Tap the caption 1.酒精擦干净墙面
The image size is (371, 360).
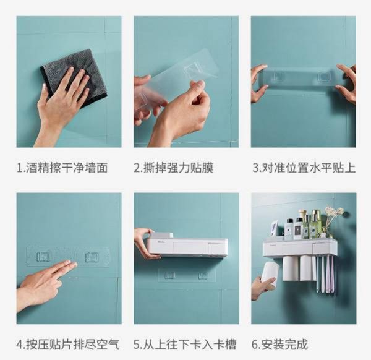coord(62,168)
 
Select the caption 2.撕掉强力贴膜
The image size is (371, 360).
coord(174,168)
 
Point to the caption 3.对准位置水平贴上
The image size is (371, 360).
coord(304,168)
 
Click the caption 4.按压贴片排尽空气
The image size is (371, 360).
coord(68,345)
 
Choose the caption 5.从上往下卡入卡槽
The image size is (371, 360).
coord(185,345)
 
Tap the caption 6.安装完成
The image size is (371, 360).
coord(279,345)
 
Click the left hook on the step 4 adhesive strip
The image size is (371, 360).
coord(44,257)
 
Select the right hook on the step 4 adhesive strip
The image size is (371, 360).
coord(92,257)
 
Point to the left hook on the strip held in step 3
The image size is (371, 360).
coord(279,76)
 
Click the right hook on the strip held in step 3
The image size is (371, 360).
coord(322,77)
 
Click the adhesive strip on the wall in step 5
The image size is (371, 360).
coord(187,275)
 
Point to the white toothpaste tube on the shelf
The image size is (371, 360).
coord(275,228)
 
